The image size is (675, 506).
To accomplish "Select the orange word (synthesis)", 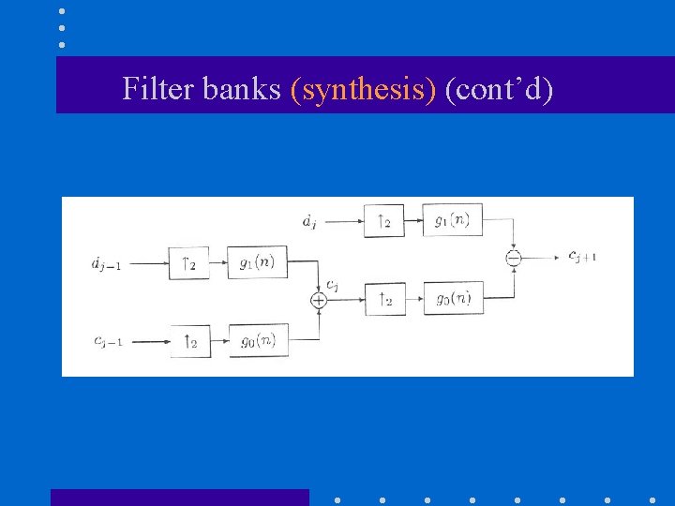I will [364, 89].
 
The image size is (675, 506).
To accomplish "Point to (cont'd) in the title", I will [499, 89].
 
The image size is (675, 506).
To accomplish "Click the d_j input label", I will [310, 222].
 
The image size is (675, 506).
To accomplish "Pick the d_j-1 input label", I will [106, 264].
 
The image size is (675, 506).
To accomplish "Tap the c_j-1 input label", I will [106, 340].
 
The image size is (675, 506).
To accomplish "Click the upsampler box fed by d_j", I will [384, 221].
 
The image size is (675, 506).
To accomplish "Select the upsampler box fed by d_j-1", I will [189, 263].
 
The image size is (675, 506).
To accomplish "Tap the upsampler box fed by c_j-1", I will [190, 341].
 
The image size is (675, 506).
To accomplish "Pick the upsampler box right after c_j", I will [385, 299].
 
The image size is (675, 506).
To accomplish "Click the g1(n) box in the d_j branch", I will [452, 220].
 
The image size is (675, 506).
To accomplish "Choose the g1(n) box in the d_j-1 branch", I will [258, 262].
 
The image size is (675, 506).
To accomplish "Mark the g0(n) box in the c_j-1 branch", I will [258, 340].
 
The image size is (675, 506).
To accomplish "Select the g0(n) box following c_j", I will [453, 299].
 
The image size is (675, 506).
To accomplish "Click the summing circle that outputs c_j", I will [318, 300].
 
